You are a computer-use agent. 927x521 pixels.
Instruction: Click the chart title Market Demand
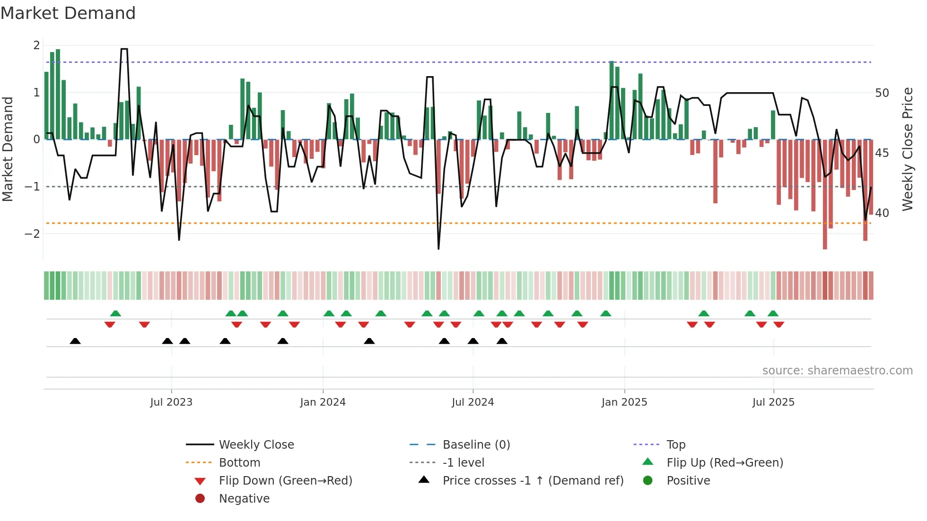[68, 13]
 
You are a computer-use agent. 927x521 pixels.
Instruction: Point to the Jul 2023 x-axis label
[171, 402]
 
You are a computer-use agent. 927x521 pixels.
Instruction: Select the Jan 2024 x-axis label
[323, 402]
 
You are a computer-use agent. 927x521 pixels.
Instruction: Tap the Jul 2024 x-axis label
[472, 402]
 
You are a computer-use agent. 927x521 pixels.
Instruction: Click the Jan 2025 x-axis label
[624, 402]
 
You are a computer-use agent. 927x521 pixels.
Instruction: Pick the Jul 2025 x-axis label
[773, 402]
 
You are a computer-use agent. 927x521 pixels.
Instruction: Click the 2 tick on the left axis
[36, 45]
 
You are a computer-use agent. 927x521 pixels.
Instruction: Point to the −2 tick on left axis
[32, 234]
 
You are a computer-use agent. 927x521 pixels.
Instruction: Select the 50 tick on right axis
[882, 93]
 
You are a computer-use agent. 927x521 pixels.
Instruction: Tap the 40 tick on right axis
[882, 213]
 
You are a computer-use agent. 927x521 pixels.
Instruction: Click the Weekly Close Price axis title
[907, 149]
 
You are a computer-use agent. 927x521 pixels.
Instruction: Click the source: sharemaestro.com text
[837, 371]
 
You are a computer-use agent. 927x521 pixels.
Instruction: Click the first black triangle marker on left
[75, 341]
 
